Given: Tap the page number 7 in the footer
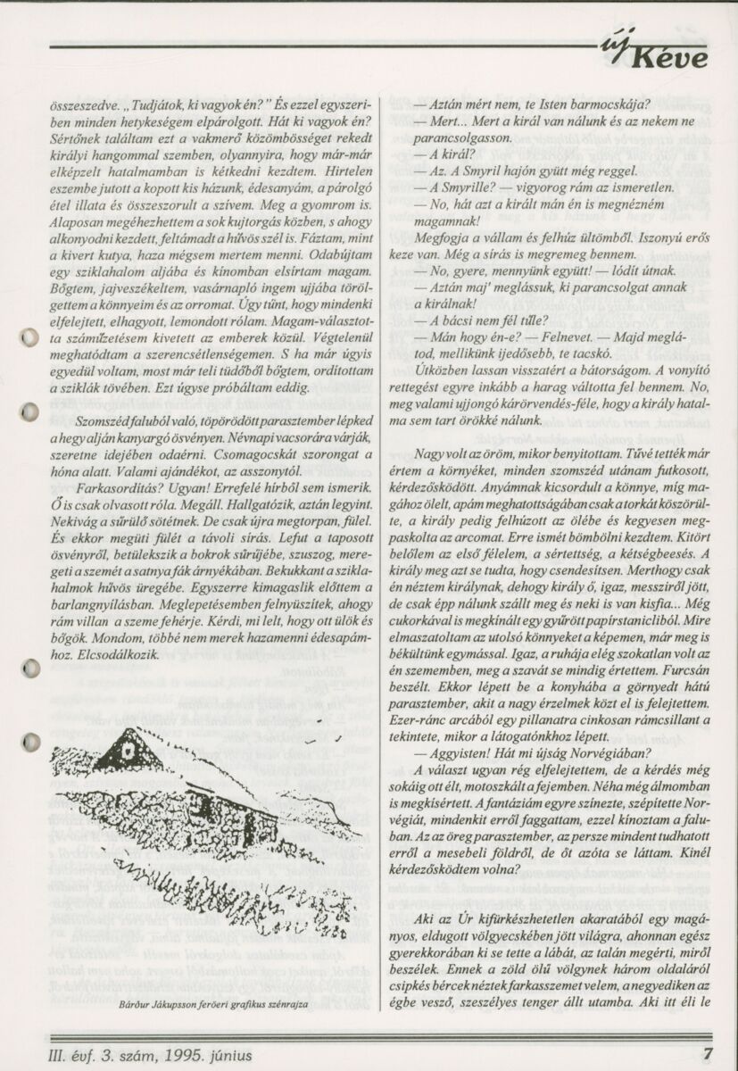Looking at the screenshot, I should tap(706, 1052).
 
